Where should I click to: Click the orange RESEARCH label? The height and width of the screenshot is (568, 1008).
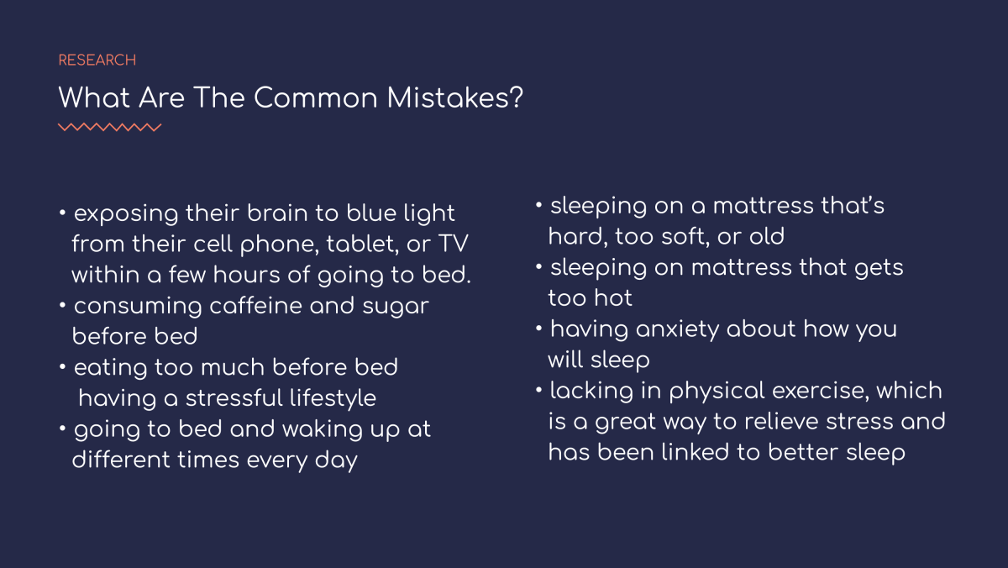pyautogui.click(x=97, y=60)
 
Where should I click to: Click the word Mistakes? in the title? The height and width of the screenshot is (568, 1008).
pyautogui.click(x=455, y=97)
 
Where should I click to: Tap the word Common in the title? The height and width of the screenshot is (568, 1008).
pyautogui.click(x=316, y=98)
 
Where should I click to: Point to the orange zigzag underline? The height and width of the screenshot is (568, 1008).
pyautogui.click(x=110, y=127)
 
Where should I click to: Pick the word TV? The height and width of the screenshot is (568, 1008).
pyautogui.click(x=453, y=244)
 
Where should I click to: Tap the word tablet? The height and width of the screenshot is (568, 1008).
pyautogui.click(x=362, y=244)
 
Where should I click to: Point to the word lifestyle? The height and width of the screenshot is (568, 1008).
pyautogui.click(x=333, y=398)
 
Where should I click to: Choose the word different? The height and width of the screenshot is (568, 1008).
pyautogui.click(x=121, y=460)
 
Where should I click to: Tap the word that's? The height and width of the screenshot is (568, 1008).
pyautogui.click(x=853, y=206)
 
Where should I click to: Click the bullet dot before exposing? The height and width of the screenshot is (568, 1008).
pyautogui.click(x=62, y=213)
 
